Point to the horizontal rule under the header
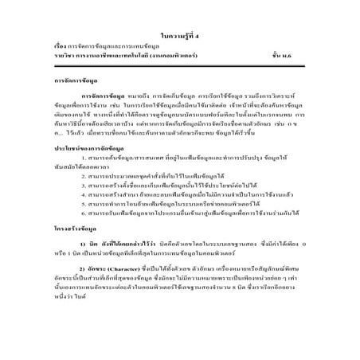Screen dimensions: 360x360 point(180,55)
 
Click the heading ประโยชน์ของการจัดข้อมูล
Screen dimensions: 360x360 point(95,171)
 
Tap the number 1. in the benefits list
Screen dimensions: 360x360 point(84,182)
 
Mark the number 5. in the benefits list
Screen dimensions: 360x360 point(84,238)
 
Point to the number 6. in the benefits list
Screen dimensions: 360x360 point(84,249)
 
